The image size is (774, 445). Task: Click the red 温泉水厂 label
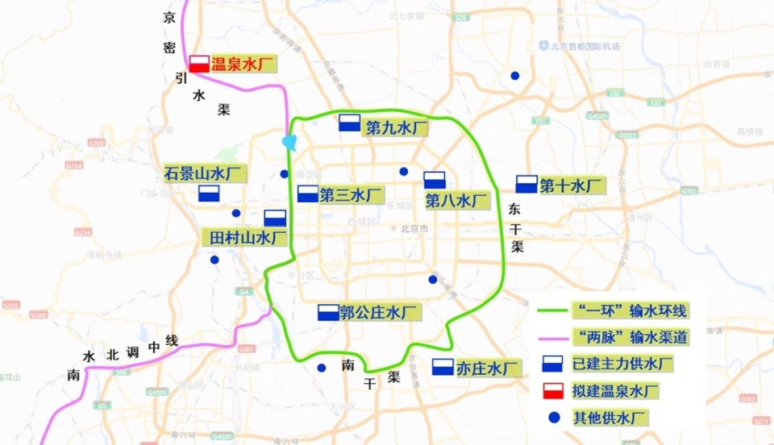243,64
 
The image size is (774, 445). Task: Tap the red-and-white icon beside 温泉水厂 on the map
199,63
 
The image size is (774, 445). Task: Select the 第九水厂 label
395,127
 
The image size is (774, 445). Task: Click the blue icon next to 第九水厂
349,123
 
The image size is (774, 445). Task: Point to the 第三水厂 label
350,194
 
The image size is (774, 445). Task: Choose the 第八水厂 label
456,200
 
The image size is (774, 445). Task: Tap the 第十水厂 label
572,185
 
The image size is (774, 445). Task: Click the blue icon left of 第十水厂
526,184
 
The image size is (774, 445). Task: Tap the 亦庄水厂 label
485,368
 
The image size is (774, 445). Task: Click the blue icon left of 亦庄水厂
443,368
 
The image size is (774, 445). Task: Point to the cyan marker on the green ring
289,143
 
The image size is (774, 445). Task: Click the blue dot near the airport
514,76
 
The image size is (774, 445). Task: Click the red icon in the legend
552,391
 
